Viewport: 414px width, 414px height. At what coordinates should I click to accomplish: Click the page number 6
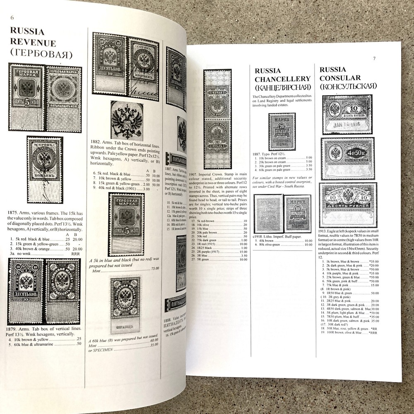[12, 17]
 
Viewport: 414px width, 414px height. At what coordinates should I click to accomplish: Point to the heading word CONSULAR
[340, 77]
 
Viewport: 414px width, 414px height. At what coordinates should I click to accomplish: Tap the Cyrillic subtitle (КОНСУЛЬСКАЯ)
[348, 86]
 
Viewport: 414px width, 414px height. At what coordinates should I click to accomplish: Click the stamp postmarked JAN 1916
[347, 114]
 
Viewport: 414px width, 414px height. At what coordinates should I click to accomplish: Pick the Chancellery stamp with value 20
[282, 132]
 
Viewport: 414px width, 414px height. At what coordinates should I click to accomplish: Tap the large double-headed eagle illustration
[127, 120]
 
